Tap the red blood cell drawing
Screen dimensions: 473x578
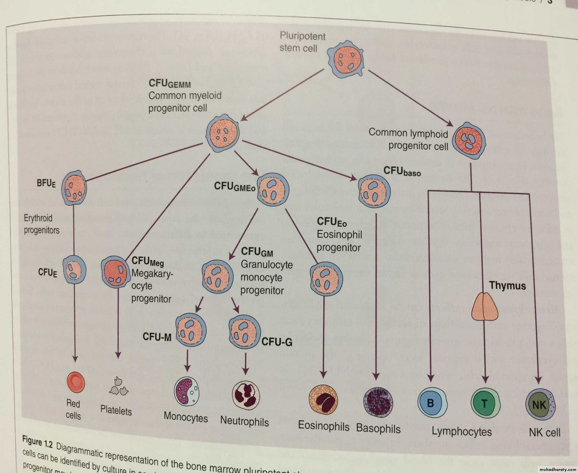coord(76,382)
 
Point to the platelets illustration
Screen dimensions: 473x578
coord(119,387)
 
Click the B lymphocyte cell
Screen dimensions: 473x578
coord(432,403)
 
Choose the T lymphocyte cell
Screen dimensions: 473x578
coord(486,403)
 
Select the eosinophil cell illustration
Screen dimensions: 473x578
coord(323,399)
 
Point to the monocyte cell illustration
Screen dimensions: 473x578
coord(186,391)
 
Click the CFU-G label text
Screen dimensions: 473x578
coord(277,342)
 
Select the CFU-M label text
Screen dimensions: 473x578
coord(157,337)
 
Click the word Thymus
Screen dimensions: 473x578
coord(507,285)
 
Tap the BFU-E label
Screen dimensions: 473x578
coord(46,183)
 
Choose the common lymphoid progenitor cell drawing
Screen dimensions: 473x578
coord(469,141)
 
